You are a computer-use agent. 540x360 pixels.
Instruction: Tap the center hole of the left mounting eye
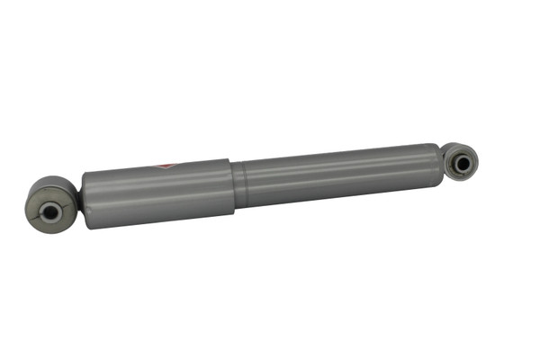point(50,211)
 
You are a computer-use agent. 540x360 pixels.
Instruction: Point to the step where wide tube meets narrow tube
point(236,186)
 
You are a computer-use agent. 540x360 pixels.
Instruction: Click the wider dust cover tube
point(157,193)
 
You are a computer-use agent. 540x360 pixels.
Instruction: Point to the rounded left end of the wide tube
point(85,200)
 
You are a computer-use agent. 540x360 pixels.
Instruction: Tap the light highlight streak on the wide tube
point(157,183)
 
